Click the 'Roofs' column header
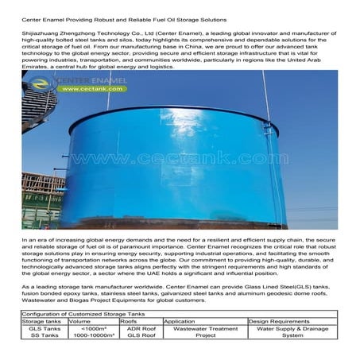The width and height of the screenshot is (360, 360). (128, 321)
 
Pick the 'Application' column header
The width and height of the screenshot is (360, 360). (179, 321)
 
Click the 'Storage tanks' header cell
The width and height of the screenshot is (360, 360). (45, 321)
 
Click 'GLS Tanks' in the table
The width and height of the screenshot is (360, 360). (45, 328)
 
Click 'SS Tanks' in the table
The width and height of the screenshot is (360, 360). (45, 335)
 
